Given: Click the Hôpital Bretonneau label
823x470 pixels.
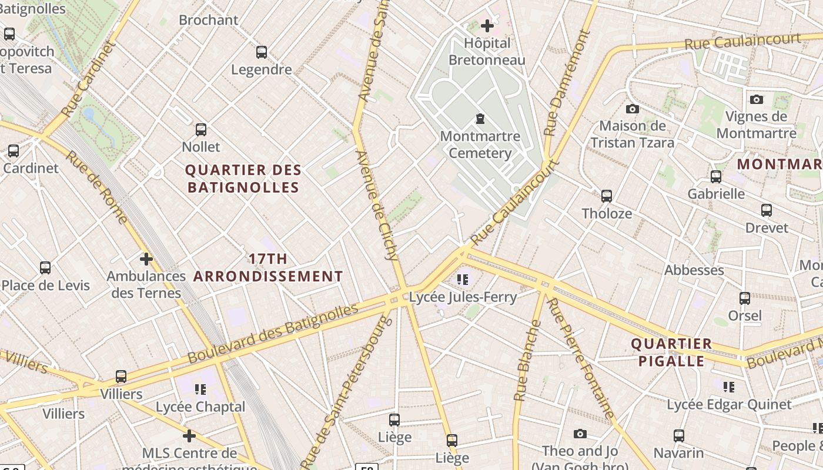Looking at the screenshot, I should [487, 52].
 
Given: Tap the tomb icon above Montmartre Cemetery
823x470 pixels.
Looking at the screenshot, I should [480, 119].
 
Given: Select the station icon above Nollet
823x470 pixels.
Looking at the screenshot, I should [201, 129].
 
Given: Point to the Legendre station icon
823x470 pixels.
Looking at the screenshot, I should [262, 52].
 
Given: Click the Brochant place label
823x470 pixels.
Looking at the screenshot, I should [209, 20].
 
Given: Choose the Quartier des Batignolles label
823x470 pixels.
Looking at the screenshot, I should [243, 179].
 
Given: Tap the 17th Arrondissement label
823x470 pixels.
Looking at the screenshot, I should [269, 267].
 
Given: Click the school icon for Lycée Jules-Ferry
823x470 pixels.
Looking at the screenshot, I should [463, 279].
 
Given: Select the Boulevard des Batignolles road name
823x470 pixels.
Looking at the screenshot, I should [273, 333].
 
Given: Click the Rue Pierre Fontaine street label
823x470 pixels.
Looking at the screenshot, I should [581, 358].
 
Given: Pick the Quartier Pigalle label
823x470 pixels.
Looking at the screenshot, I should [671, 352].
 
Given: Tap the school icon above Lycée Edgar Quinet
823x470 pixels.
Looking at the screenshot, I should [729, 387].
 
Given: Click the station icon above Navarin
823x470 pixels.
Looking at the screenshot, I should [679, 435].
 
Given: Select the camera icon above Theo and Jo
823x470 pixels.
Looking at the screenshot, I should [580, 434].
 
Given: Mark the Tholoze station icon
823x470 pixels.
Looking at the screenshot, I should [607, 196].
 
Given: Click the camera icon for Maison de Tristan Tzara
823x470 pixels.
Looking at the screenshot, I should [633, 109].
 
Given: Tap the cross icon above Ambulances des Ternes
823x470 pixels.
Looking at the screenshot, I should [146, 258].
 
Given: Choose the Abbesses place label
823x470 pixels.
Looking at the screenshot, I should [694, 270].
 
